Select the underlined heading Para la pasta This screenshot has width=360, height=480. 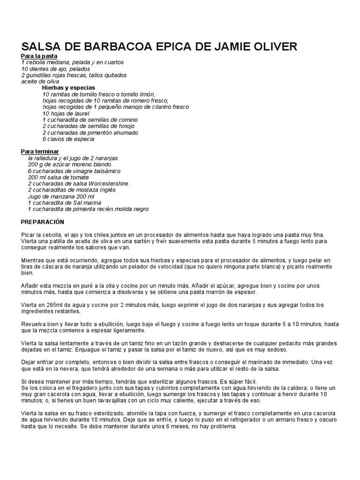point(39,56)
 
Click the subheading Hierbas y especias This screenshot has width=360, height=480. point(68,88)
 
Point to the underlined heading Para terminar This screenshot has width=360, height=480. point(40,151)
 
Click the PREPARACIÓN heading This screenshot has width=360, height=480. point(43,221)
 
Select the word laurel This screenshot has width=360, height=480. point(80,113)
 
